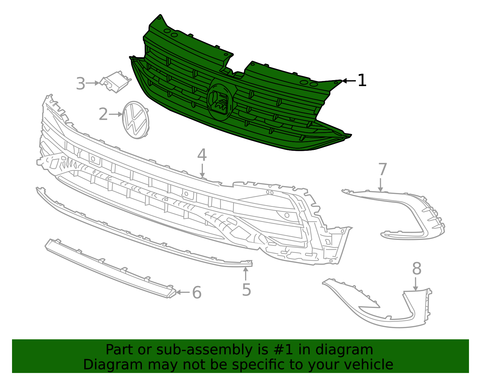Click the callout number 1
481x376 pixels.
(x=362, y=81)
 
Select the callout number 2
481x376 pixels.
(x=103, y=115)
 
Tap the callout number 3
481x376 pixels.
(x=81, y=84)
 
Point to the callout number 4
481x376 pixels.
(x=202, y=155)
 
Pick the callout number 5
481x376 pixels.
(x=246, y=290)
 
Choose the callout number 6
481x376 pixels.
(x=197, y=293)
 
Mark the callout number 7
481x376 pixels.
(x=382, y=169)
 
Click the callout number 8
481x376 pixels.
(x=417, y=269)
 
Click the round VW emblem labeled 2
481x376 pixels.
(x=136, y=120)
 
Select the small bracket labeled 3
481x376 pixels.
(x=116, y=82)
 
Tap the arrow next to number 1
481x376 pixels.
(x=349, y=81)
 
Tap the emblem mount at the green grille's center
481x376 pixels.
(x=220, y=99)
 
